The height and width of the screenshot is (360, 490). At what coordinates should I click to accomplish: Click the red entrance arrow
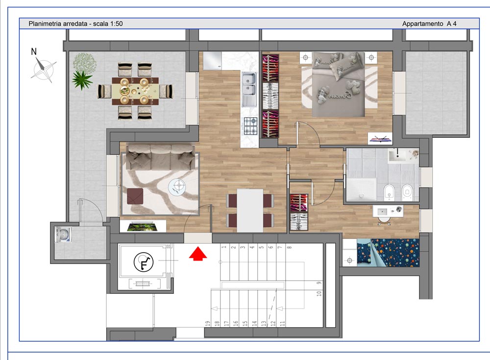click(197, 254)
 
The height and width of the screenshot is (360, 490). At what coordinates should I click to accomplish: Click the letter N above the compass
click(34, 51)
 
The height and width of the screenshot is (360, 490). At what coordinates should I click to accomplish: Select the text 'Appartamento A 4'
click(429, 24)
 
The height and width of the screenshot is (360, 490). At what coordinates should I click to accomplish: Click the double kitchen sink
click(249, 83)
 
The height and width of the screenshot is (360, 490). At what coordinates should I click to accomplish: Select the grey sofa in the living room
click(159, 157)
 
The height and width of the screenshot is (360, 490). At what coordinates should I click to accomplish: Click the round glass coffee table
click(177, 186)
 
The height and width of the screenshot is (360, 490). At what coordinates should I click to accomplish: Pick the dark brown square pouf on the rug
click(135, 196)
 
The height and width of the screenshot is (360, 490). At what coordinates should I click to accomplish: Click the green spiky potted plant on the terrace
click(82, 79)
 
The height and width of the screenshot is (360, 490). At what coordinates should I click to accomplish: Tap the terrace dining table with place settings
click(134, 91)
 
